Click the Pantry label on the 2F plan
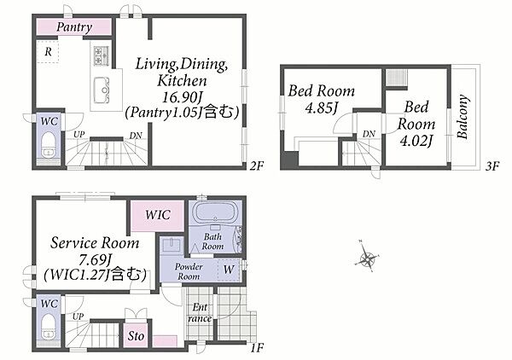pos(74,26)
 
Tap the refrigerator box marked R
pos(47,51)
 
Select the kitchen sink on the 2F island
pos(102,90)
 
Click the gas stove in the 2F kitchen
pos(102,55)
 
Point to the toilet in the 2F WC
pos(49,145)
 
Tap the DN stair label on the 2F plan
pos(136,135)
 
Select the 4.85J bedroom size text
pos(321,107)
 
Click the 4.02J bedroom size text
pos(416,141)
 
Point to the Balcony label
pos(463,117)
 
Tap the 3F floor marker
pos(492,166)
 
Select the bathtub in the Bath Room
pos(215,212)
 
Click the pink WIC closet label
pos(158,215)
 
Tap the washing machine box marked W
pos(229,270)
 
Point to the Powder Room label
pos(189,271)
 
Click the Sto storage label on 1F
pos(136,336)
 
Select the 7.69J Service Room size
pos(96,260)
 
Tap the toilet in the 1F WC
pos(49,327)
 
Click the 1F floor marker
pos(257,348)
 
